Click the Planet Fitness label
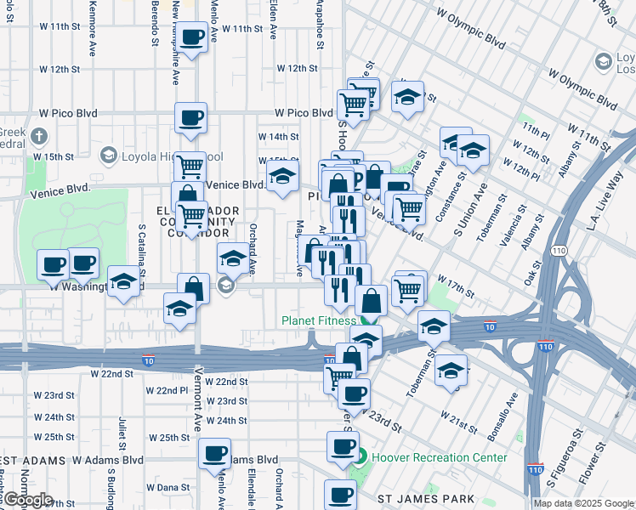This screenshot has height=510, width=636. pyautogui.click(x=317, y=320)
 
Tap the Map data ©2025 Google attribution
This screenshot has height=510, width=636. pyautogui.click(x=583, y=503)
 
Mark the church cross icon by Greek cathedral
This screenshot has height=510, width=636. pyautogui.click(x=38, y=136)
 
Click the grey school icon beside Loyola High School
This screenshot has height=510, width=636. pyautogui.click(x=109, y=156)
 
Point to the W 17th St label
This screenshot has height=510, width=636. pyautogui.click(x=456, y=285)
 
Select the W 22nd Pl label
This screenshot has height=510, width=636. pyautogui.click(x=167, y=390)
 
